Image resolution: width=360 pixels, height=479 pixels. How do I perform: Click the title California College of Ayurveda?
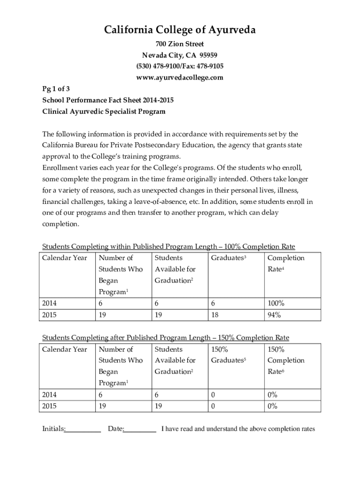(x=180, y=31)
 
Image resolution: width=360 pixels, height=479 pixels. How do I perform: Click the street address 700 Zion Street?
(x=180, y=44)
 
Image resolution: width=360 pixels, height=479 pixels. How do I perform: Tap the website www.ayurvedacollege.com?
(x=180, y=77)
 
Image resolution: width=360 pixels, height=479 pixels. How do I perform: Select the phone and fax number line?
(x=180, y=66)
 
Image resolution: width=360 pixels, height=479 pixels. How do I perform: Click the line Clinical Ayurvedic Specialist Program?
(x=104, y=112)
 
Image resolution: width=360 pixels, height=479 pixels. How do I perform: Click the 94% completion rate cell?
(x=274, y=315)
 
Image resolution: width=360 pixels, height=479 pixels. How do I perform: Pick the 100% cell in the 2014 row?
(x=276, y=304)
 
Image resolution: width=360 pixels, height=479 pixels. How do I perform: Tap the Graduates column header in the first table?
(x=229, y=258)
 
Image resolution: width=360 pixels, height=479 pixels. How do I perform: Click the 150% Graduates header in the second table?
(x=229, y=355)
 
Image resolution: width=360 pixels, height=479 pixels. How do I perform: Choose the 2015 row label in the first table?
(x=50, y=315)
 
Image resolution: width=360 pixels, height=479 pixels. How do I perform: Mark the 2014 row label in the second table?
(x=50, y=395)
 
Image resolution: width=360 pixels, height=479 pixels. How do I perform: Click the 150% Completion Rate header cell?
(x=286, y=360)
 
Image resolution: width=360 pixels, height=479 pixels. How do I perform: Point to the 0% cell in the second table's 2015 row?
(x=273, y=406)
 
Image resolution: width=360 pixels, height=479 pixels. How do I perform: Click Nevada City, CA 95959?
(x=180, y=56)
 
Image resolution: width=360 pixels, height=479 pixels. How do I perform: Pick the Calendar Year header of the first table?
(x=65, y=258)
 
